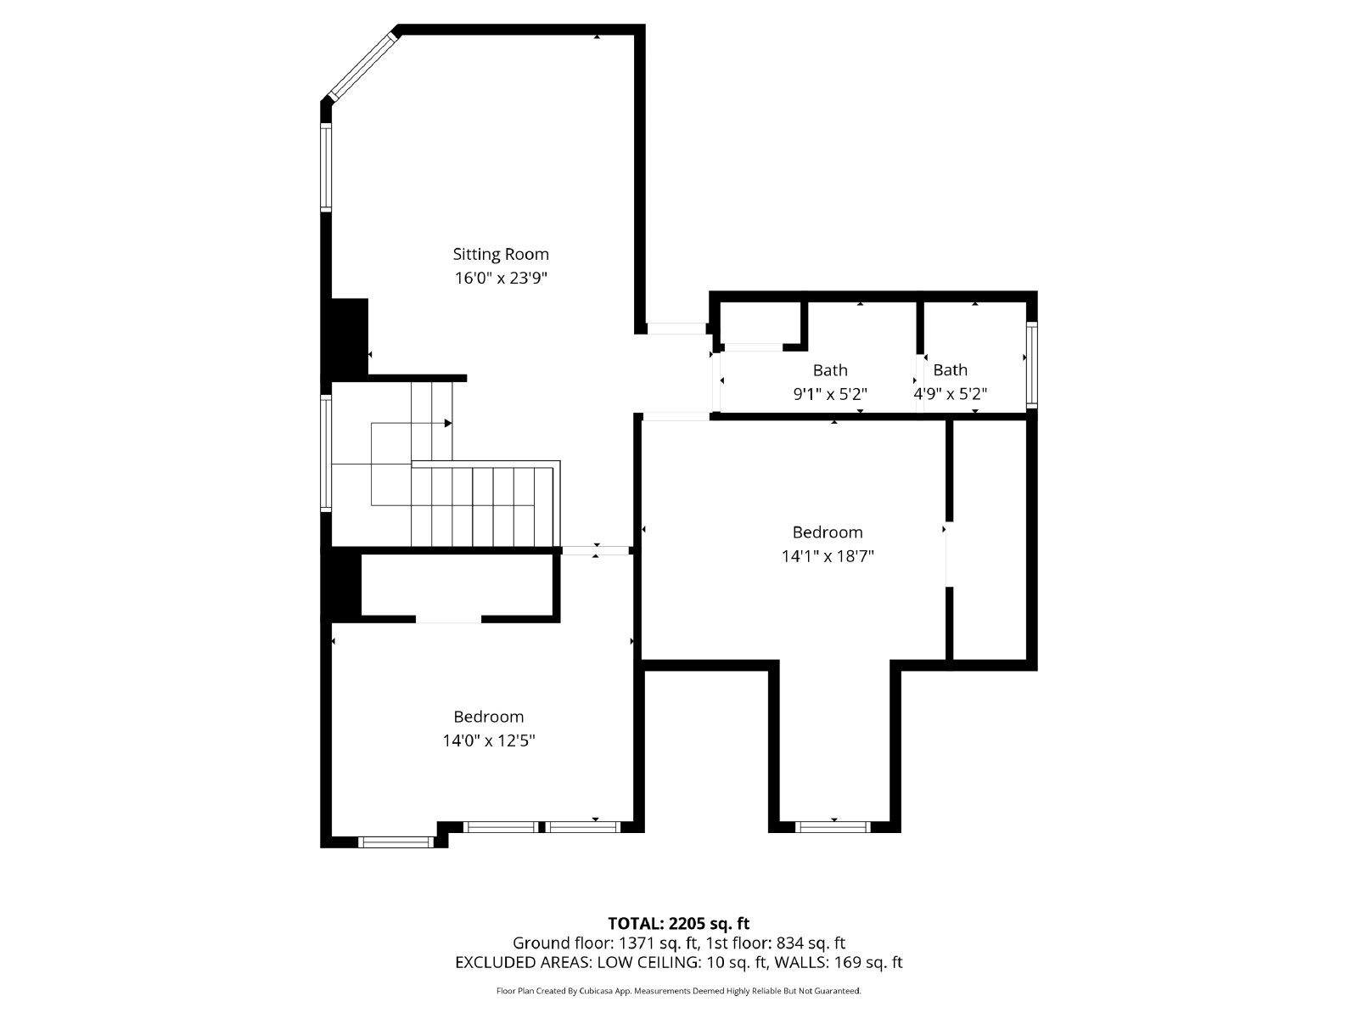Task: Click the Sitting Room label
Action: [500, 254]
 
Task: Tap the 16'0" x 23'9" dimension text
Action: [500, 278]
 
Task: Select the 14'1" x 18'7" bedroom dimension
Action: [828, 556]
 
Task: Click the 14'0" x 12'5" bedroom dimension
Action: [488, 740]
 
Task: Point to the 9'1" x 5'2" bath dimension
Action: [830, 394]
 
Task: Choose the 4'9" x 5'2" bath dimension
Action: [950, 394]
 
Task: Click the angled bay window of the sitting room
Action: [363, 65]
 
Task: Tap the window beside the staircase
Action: [326, 452]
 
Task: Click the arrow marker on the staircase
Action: [447, 423]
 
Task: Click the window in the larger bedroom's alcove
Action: [833, 826]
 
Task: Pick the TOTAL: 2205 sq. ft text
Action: [678, 923]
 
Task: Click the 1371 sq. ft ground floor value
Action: [658, 943]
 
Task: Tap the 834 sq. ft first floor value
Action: [811, 943]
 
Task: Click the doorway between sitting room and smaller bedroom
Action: [597, 550]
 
